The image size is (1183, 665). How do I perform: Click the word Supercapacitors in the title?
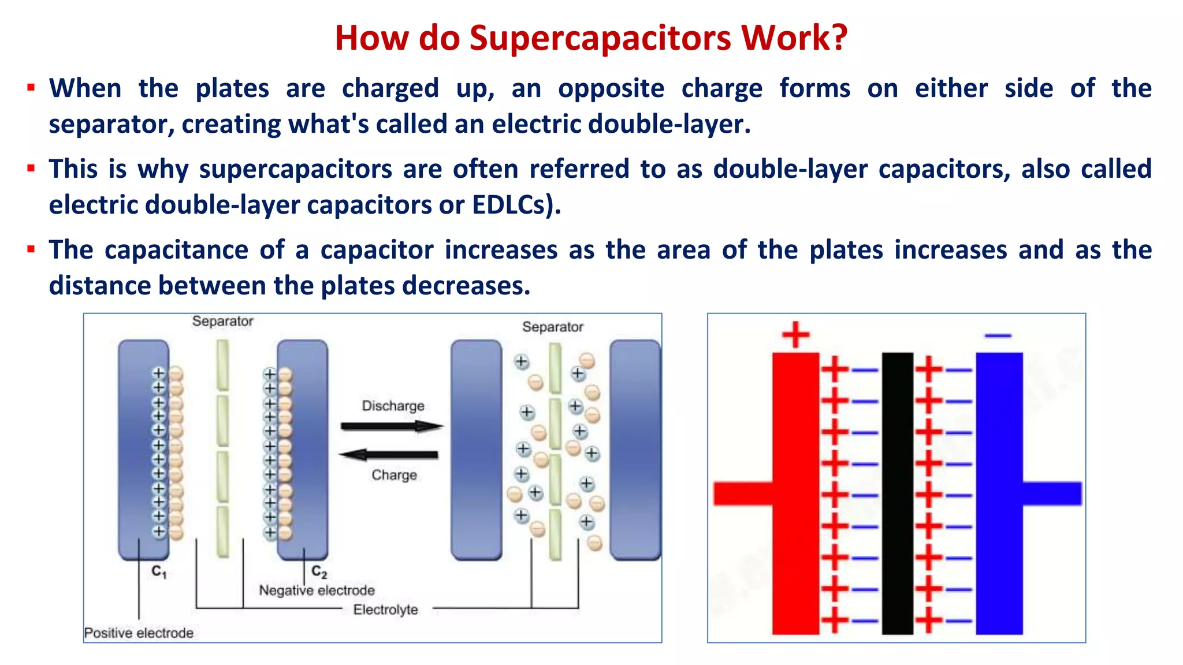pyautogui.click(x=601, y=38)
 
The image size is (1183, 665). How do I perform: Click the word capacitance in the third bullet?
pyautogui.click(x=176, y=251)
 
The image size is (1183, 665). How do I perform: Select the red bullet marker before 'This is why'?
pyautogui.click(x=31, y=169)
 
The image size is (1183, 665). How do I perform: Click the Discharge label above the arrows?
pyautogui.click(x=393, y=406)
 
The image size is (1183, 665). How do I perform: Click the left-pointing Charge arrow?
pyautogui.click(x=389, y=454)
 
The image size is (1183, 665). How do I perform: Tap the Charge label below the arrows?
pyautogui.click(x=394, y=475)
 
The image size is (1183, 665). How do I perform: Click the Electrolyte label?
pyautogui.click(x=385, y=610)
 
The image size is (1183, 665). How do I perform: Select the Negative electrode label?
pyautogui.click(x=317, y=591)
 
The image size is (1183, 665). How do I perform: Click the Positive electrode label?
pyautogui.click(x=139, y=633)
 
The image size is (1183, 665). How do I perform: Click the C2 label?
pyautogui.click(x=319, y=572)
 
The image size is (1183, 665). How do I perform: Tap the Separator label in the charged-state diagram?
pyautogui.click(x=222, y=321)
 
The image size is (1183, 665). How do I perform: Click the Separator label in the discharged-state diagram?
pyautogui.click(x=552, y=327)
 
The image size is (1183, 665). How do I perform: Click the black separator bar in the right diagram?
pyautogui.click(x=897, y=494)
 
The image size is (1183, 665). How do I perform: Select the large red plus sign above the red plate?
pyautogui.click(x=795, y=335)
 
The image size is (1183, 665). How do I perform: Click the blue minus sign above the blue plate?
pyautogui.click(x=998, y=335)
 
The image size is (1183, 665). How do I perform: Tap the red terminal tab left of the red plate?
pyautogui.click(x=743, y=494)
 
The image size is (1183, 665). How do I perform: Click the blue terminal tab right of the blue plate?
pyautogui.click(x=1052, y=494)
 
